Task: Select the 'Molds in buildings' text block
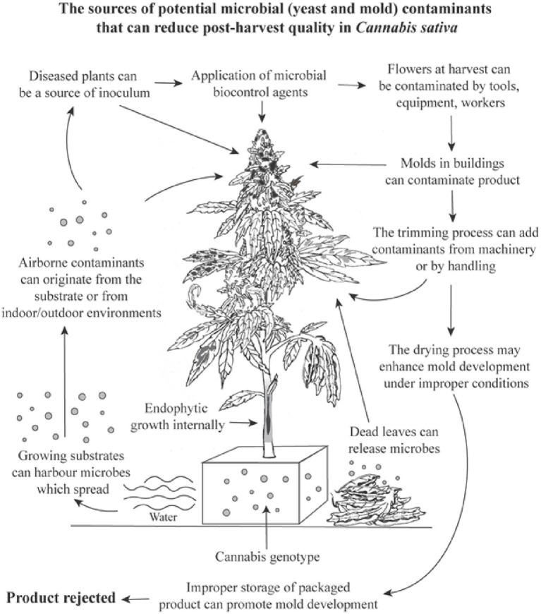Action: coord(451,170)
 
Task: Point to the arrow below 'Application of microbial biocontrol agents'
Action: coord(262,111)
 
